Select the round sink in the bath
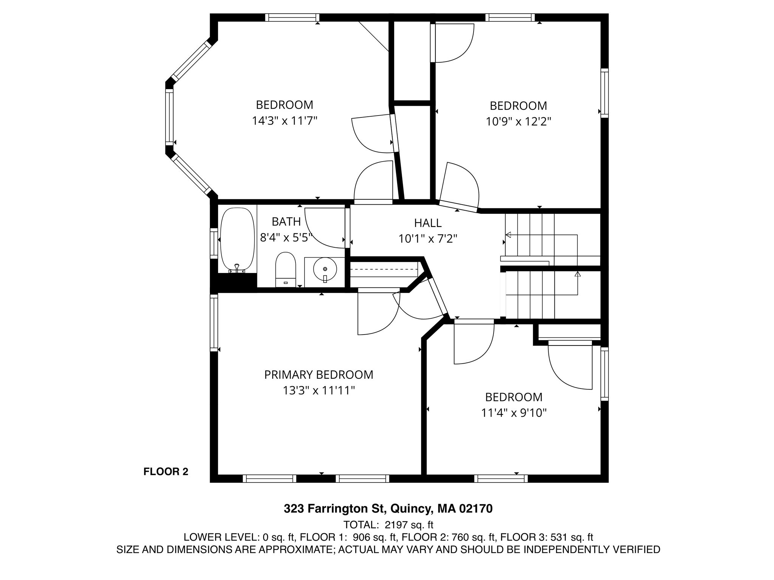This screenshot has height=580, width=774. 325,269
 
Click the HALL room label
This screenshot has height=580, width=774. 427,223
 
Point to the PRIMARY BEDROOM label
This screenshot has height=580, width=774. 319,375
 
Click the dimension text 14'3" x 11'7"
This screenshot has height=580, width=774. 285,121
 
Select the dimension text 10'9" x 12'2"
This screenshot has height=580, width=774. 518,122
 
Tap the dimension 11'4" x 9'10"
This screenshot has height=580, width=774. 514,413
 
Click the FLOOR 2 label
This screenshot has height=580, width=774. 166,472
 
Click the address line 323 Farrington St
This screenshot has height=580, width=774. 388,509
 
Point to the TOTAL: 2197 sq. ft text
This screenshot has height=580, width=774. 388,525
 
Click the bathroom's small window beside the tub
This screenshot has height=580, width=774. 214,244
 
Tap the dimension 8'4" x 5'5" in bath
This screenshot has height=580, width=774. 286,238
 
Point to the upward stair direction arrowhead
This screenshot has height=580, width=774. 577,274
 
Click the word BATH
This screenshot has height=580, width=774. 286,221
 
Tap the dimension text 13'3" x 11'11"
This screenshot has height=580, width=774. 319,390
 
